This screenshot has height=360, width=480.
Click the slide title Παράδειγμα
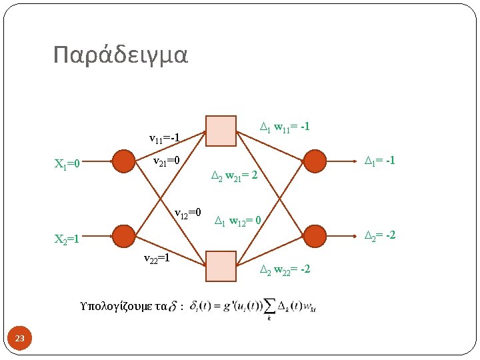(121, 55)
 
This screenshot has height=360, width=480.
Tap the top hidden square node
(221, 131)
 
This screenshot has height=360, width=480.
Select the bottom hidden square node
(221, 266)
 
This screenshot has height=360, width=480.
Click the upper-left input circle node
(123, 161)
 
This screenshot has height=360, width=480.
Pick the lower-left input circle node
(123, 236)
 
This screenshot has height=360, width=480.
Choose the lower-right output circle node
(315, 234)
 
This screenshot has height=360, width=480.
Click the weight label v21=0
(167, 161)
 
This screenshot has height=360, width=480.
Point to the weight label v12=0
(188, 214)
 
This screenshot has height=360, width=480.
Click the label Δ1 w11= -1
(284, 126)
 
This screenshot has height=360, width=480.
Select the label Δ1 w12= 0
(241, 221)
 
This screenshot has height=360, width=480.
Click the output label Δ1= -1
(379, 161)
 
